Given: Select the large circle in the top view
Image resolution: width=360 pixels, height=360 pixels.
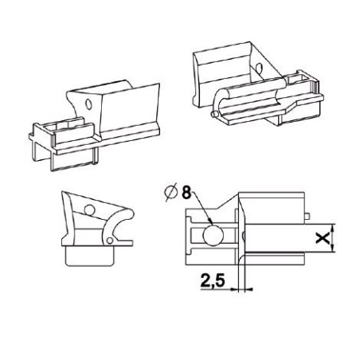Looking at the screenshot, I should (x=214, y=236).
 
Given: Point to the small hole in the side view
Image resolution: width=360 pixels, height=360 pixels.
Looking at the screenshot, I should (x=89, y=210).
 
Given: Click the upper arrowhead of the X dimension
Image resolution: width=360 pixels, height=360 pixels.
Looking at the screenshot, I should (x=331, y=226).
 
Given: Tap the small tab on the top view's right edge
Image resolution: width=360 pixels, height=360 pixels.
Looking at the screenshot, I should (x=307, y=215).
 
